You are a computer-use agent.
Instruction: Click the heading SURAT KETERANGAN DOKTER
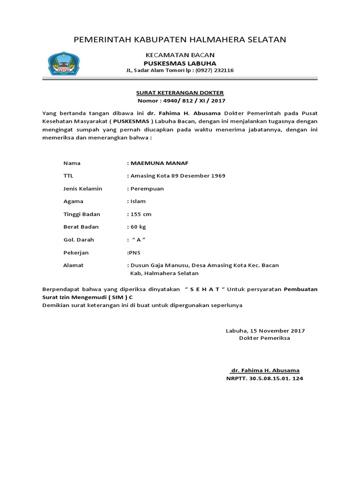coord(180,92)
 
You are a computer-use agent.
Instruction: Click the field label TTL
coord(68,176)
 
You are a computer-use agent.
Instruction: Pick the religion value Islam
coord(138,201)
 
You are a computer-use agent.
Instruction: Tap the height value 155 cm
coord(141,214)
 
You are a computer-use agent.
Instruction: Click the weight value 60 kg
coord(139,227)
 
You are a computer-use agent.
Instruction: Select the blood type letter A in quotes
coord(139,240)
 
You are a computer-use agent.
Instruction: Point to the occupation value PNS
coord(134,253)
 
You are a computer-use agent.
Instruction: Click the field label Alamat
coord(73,265)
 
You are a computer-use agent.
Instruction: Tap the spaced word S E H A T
coord(204,289)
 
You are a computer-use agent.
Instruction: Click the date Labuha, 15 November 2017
coord(265,330)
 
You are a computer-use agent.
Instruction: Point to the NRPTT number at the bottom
coord(265,378)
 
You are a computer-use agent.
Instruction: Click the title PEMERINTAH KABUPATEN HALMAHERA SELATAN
coord(180,39)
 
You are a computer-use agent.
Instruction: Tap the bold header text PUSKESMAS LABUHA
coord(180,63)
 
